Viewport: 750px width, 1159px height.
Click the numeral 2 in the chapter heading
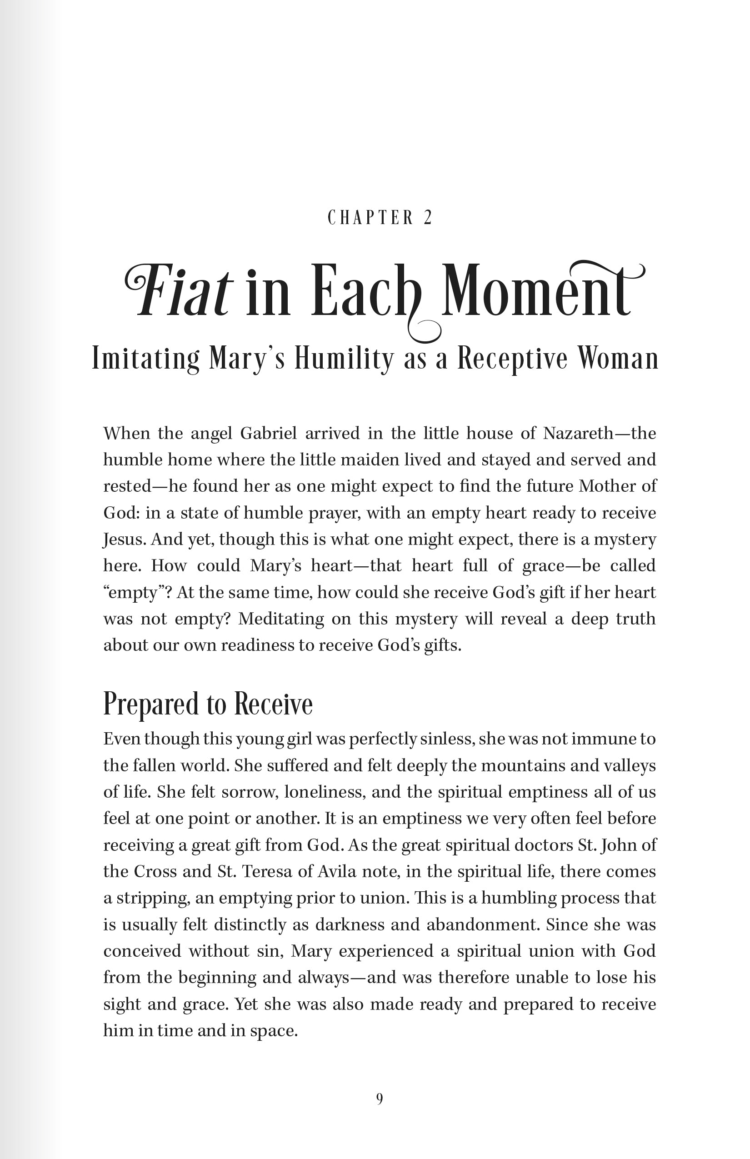click(x=428, y=217)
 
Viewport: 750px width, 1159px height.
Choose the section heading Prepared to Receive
click(x=208, y=704)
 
